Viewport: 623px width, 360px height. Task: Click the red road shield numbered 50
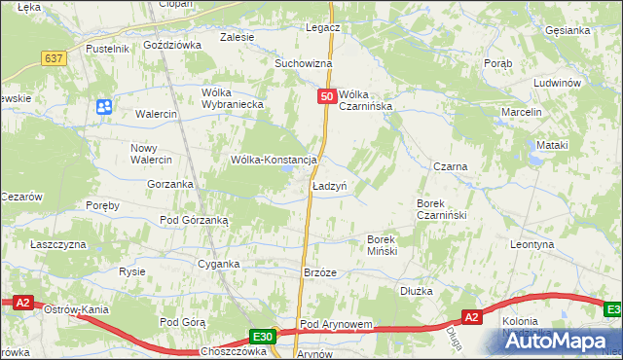[x=328, y=96]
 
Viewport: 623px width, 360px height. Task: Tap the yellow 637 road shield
[x=55, y=58]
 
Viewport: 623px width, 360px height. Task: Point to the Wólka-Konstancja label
[x=274, y=160]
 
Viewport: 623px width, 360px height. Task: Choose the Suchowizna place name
[x=303, y=63]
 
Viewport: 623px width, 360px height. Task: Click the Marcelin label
[x=521, y=112]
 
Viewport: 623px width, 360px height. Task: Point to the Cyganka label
[x=219, y=264]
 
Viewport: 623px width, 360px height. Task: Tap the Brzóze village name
[x=320, y=273]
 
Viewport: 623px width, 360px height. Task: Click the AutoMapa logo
[x=549, y=342]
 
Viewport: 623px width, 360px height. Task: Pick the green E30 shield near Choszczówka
[x=261, y=337]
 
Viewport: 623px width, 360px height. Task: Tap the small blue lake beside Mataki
[x=536, y=157]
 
